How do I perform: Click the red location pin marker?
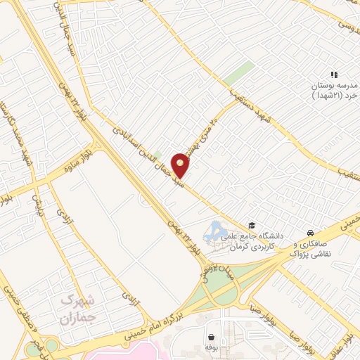[x=181, y=164]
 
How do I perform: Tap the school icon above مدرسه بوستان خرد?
[x=335, y=74]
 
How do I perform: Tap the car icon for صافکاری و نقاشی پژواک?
[x=310, y=233]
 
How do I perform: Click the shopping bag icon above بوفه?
[x=210, y=337]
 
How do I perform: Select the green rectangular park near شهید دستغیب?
[x=241, y=73]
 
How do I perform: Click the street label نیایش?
[x=36, y=205]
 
